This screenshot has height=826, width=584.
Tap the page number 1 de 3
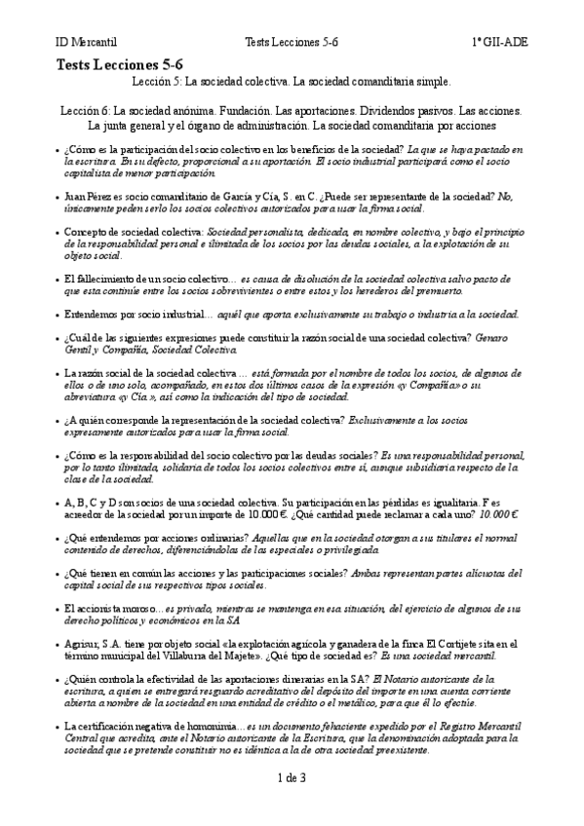pyautogui.click(x=292, y=777)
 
